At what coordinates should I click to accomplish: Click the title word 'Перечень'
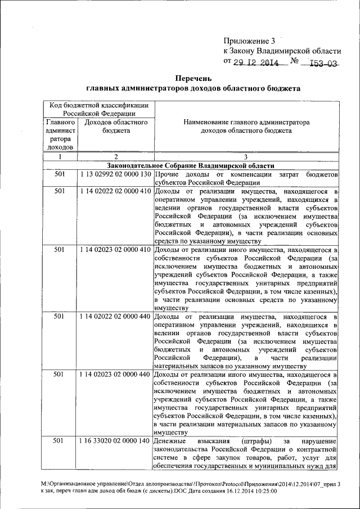coord(193,78)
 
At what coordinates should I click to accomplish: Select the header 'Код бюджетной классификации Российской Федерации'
coord(98,109)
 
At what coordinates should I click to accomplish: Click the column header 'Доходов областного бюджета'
coord(116,126)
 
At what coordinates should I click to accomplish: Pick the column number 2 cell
coord(115,157)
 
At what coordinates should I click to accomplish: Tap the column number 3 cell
coord(246,157)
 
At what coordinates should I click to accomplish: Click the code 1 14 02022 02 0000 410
coord(115,191)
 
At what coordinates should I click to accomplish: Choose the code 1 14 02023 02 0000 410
coord(115,249)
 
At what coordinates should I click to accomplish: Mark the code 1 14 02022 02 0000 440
coord(115,317)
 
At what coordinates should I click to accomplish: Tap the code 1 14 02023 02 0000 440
coord(115,374)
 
